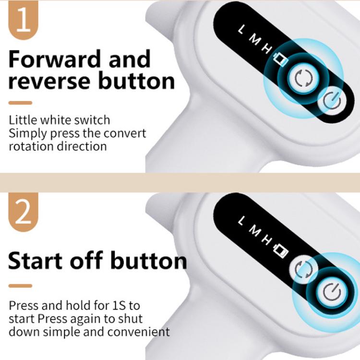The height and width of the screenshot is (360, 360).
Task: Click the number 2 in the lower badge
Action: click(23, 214)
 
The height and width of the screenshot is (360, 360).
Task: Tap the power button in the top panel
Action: click(332, 102)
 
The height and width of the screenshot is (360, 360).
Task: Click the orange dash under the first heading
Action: click(20, 103)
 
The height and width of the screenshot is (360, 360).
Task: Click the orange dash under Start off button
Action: click(20, 286)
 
